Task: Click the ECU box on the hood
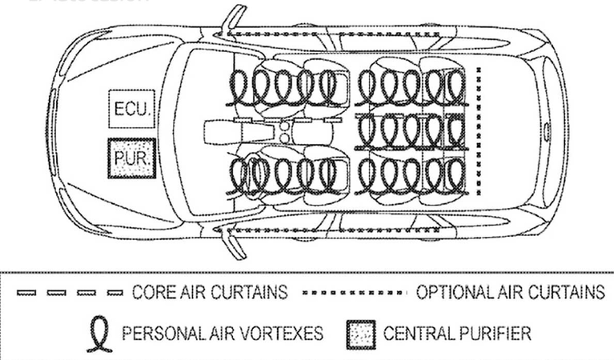tap(129, 109)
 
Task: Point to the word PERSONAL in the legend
tap(159, 330)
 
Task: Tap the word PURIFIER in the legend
tap(493, 330)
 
